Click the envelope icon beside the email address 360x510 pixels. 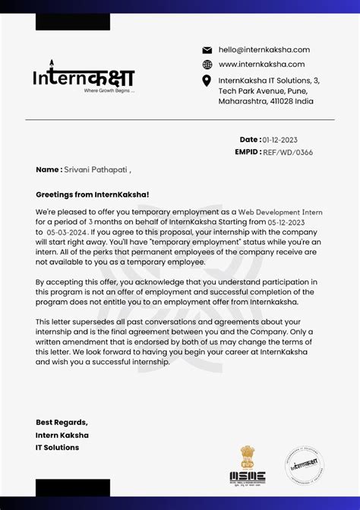(x=207, y=50)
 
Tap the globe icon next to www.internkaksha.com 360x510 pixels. (x=207, y=65)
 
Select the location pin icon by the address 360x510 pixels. (x=207, y=81)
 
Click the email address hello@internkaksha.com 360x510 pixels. (x=264, y=49)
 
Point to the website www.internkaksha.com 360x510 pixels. (x=261, y=65)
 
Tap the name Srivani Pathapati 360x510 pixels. (x=96, y=170)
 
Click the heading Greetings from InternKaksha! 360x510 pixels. (x=93, y=195)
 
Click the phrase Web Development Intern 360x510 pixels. (x=280, y=212)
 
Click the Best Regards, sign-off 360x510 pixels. (x=62, y=423)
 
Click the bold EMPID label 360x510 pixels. (x=248, y=152)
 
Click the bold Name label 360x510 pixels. (x=48, y=170)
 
